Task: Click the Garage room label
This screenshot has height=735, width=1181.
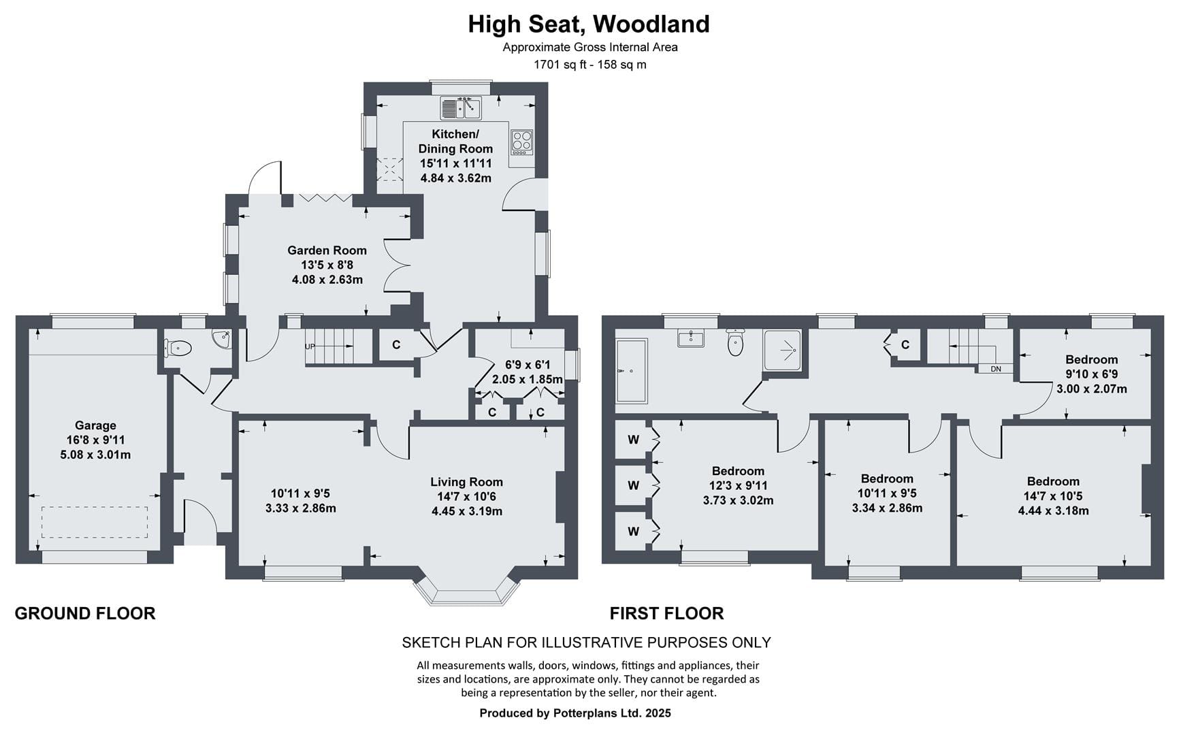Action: [x=95, y=425]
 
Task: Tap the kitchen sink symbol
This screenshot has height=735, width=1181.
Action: [x=461, y=108]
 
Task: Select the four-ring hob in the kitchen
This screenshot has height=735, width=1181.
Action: [x=522, y=142]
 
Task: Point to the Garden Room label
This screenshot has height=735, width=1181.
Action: [x=327, y=250]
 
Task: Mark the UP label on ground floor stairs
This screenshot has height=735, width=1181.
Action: [x=310, y=346]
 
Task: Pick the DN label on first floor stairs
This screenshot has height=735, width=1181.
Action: [x=996, y=369]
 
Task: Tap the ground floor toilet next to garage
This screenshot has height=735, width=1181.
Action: [x=179, y=348]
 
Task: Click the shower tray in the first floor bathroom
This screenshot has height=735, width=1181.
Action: [x=782, y=350]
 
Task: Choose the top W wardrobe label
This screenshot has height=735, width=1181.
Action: [x=634, y=440]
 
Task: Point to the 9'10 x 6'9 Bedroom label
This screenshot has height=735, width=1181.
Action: [x=1091, y=359]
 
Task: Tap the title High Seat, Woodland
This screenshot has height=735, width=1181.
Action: [x=589, y=24]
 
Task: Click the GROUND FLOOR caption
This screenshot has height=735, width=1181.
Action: [x=85, y=613]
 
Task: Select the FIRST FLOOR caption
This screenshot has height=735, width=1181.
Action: [x=666, y=613]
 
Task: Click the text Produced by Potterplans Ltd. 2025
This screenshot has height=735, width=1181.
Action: [x=575, y=713]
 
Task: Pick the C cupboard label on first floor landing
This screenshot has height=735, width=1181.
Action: [x=905, y=345]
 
